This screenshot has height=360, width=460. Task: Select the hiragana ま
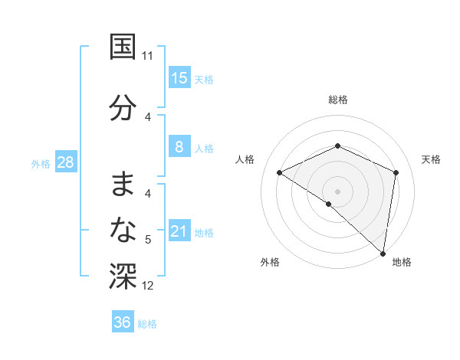click(123, 183)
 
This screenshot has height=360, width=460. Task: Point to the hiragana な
click(123, 228)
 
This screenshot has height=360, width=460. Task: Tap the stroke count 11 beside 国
click(147, 56)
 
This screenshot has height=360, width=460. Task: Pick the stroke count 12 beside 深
click(148, 286)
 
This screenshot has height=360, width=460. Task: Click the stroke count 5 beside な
click(148, 240)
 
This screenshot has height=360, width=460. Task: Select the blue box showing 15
click(179, 78)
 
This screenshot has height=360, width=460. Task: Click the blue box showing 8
click(179, 147)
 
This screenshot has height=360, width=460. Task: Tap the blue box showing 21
click(179, 231)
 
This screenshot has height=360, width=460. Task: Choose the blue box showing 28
click(65, 162)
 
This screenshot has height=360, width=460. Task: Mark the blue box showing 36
click(122, 322)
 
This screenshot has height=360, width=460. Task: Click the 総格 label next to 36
click(147, 324)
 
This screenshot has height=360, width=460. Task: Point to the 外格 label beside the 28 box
click(41, 163)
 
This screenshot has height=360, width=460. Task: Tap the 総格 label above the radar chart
click(337, 100)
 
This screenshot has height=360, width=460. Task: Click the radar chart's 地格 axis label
click(402, 262)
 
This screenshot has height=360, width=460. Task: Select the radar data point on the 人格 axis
click(280, 172)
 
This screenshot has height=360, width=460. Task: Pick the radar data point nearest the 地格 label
click(383, 253)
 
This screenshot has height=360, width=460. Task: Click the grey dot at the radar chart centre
click(337, 191)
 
